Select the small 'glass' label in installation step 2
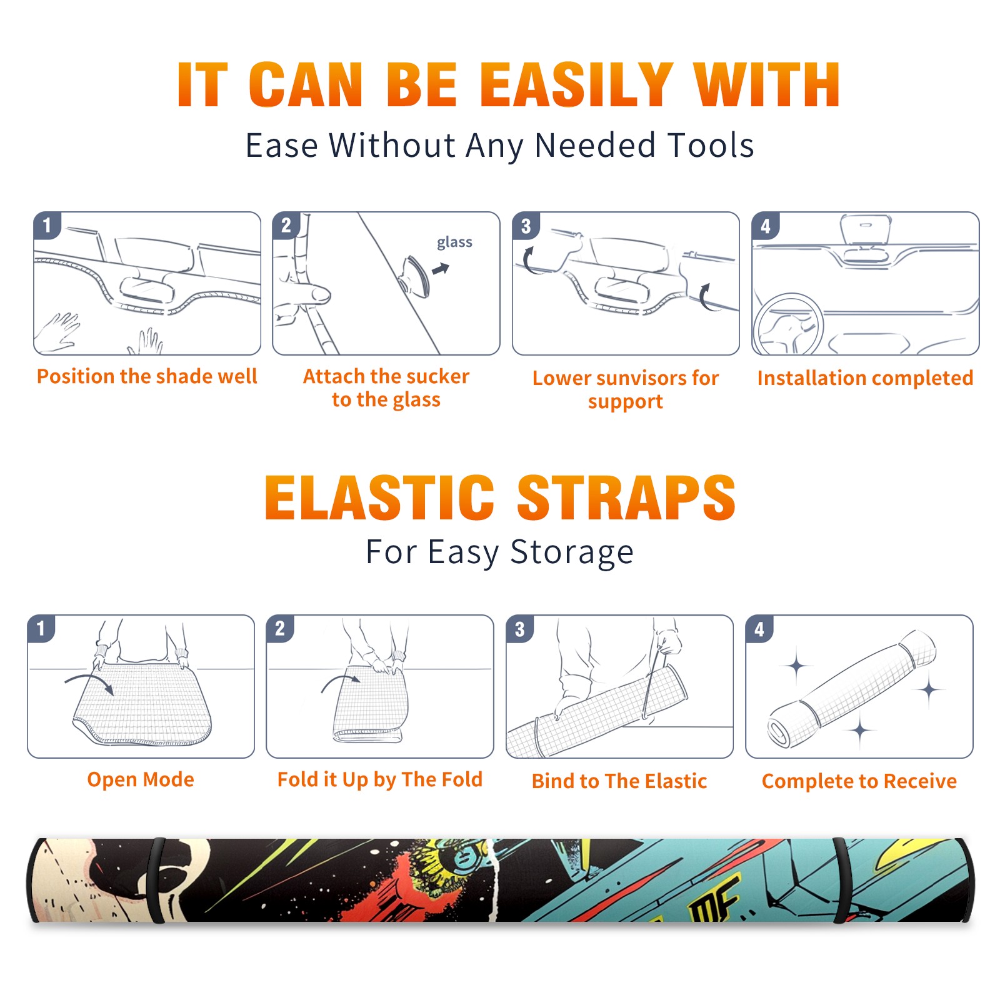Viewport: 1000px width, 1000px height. [454, 242]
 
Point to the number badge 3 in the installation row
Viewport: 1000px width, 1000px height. [526, 226]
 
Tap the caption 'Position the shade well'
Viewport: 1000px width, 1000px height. [147, 376]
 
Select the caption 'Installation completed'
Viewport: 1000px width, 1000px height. [865, 378]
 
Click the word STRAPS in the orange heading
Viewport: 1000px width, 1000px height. [626, 497]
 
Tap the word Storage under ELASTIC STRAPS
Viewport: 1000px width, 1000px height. [572, 552]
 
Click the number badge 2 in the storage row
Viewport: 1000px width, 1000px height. [279, 629]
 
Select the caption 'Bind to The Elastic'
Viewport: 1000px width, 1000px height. [619, 781]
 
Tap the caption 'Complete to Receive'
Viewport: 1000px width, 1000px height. [859, 781]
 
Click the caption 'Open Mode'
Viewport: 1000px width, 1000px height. [141, 779]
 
